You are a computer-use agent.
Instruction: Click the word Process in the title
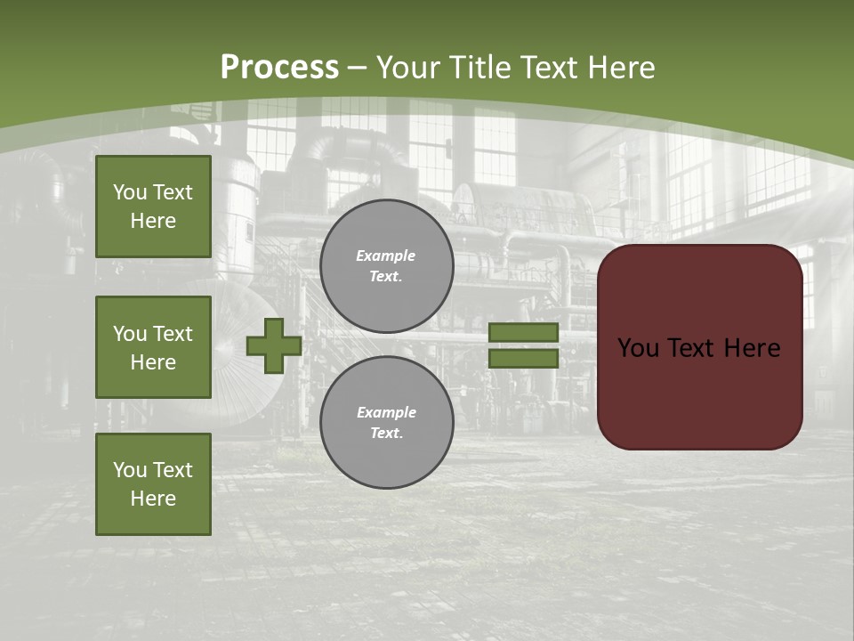[x=279, y=68]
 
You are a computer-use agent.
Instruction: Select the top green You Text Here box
[x=153, y=207]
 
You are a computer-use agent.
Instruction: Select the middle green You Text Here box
[x=153, y=347]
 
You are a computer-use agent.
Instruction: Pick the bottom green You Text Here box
[x=153, y=484]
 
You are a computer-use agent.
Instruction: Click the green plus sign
[x=274, y=345]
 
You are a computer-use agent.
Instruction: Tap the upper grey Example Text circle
[x=387, y=266]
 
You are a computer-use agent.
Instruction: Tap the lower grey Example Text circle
[x=387, y=422]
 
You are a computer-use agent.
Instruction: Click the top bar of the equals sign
[x=523, y=332]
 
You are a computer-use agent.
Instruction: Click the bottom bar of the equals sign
[x=523, y=359]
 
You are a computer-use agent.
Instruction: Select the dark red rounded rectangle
[x=699, y=392]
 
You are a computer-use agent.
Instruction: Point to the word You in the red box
[x=639, y=348]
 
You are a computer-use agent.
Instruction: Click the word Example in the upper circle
[x=385, y=256]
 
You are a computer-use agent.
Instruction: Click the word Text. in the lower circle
[x=386, y=434]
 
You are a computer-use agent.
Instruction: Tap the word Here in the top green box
[x=153, y=221]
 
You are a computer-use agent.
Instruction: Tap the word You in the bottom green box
[x=130, y=470]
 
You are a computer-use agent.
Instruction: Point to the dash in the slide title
[x=358, y=68]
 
